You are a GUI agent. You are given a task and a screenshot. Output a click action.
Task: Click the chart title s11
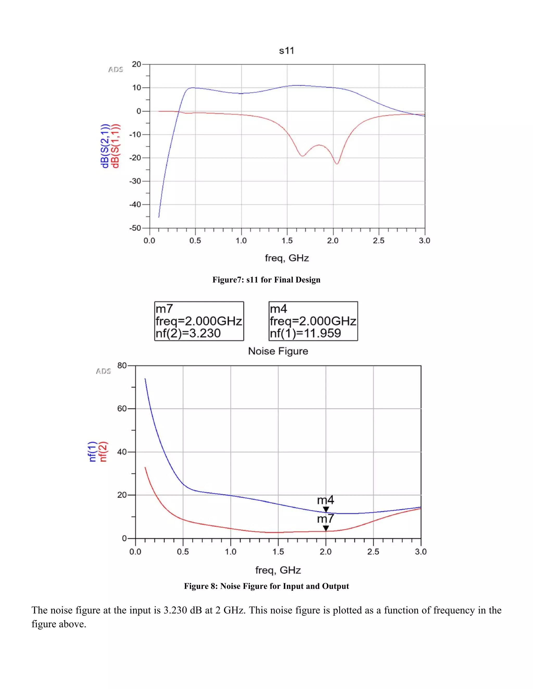286,51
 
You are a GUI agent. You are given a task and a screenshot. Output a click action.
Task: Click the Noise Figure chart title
278,351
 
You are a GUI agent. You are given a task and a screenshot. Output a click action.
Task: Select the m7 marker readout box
199,321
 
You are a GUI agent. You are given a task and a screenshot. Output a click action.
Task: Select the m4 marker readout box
313,321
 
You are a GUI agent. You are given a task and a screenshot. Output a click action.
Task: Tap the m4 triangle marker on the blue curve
326,509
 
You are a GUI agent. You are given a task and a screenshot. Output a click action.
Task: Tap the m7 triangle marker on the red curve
326,528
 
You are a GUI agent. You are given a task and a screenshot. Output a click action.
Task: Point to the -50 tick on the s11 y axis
136,228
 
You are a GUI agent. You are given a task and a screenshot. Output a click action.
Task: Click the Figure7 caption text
266,280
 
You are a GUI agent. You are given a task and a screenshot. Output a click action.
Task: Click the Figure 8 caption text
266,586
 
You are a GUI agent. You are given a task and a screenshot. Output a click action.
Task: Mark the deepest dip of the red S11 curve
337,164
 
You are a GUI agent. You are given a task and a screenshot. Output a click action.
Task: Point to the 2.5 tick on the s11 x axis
379,241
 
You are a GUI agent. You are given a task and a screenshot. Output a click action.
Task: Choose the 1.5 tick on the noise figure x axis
278,552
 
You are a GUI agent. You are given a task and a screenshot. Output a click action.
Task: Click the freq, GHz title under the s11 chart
286,258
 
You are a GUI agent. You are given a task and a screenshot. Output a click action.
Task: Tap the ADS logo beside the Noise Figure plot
103,371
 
